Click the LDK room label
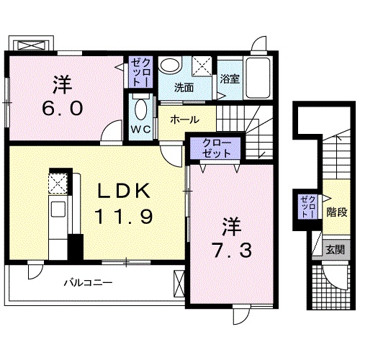pos(124,192)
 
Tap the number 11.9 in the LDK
pos(123,216)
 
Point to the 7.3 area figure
pos(230,251)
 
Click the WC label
pos(140,130)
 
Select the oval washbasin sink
pos(170,65)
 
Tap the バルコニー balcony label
pos(87,284)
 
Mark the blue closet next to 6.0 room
pos(140,73)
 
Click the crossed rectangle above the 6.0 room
pos(33,45)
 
